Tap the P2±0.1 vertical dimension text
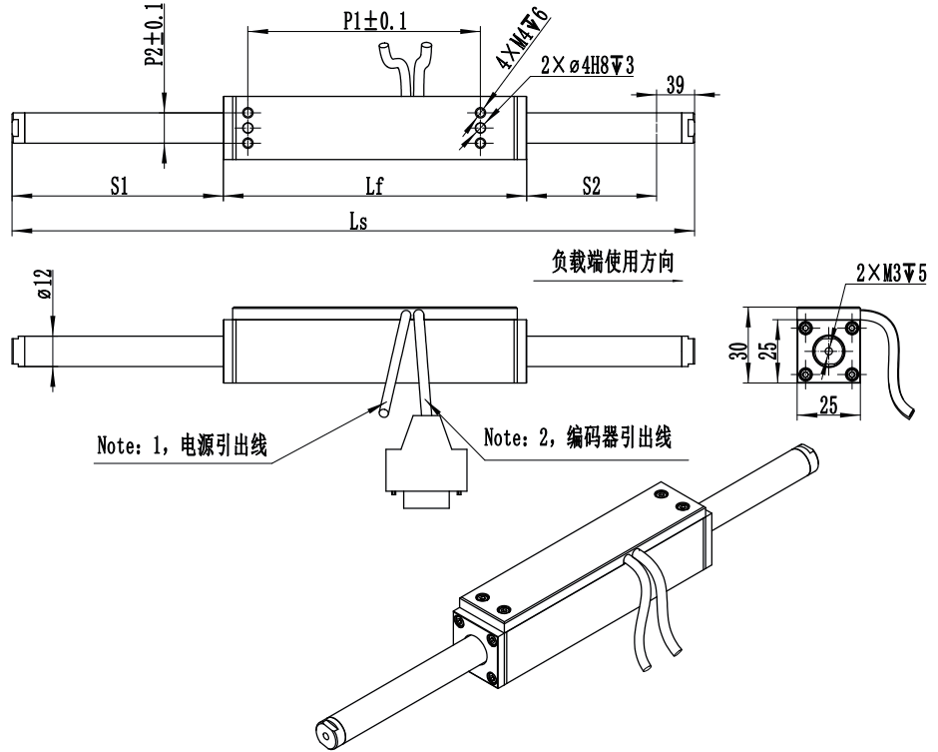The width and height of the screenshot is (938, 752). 153,36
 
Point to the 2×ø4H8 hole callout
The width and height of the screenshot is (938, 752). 588,66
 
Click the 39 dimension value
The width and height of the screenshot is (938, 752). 674,85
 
